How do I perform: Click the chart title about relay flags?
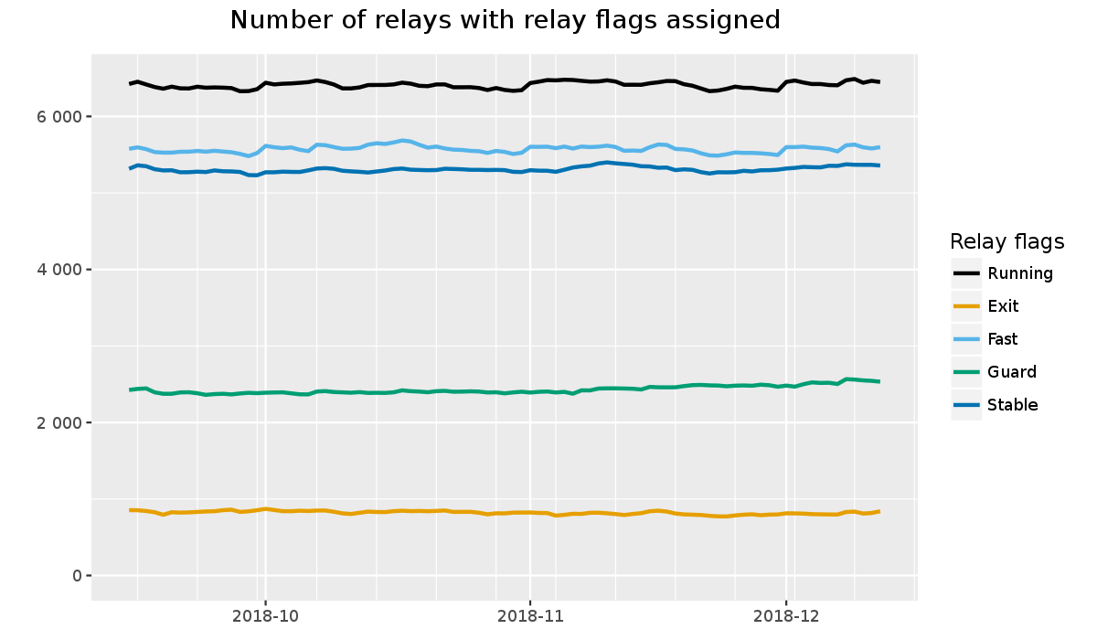click(505, 20)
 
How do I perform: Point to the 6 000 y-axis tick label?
click(58, 117)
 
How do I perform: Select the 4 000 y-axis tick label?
click(58, 270)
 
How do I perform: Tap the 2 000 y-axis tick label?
click(58, 422)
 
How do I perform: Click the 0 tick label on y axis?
click(76, 575)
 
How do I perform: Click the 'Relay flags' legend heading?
click(1006, 242)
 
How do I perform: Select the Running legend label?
click(1020, 273)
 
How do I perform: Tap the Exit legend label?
click(1003, 306)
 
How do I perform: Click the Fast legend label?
click(1003, 339)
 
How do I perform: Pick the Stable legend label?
click(1012, 405)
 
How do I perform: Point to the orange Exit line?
click(457, 511)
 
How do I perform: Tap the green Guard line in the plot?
click(457, 391)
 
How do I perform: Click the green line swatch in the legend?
click(966, 372)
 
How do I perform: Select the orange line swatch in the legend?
click(966, 306)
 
